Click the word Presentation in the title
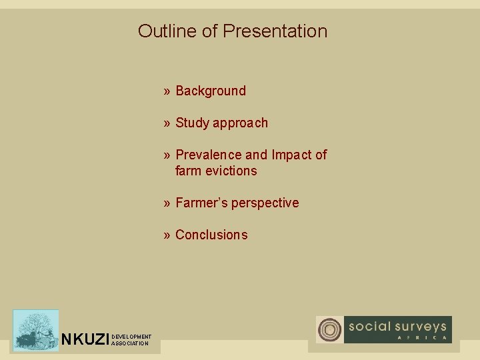[275, 31]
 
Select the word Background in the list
[211, 91]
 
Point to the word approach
[240, 123]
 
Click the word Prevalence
[208, 155]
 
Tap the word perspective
[267, 203]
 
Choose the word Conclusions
[211, 235]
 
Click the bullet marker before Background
[167, 91]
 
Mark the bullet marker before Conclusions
[167, 235]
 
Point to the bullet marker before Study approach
[167, 123]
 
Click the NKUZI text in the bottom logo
[85, 340]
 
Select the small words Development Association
[131, 340]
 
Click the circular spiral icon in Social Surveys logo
[329, 330]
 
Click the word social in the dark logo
[369, 327]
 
